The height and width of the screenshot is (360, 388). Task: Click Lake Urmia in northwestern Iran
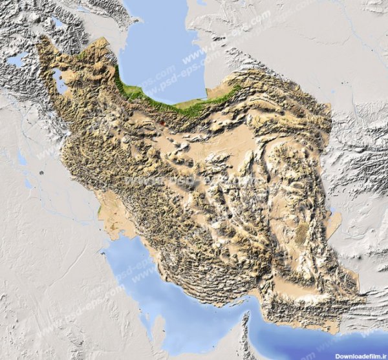click(59, 81)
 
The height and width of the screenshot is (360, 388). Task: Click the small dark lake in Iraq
click(41, 174)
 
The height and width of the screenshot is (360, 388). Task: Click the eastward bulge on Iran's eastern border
click(336, 223)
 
